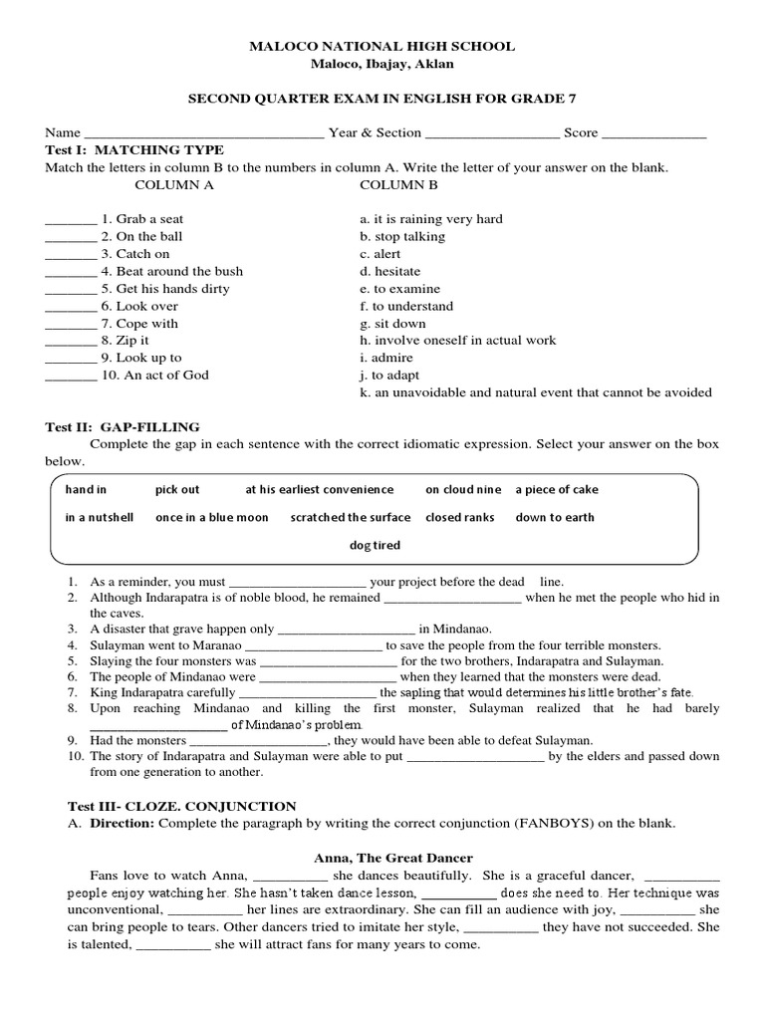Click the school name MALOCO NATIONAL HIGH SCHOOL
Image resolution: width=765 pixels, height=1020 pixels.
click(382, 46)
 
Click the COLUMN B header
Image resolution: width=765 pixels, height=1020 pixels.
click(398, 185)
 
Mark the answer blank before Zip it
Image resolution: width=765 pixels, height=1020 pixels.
click(70, 342)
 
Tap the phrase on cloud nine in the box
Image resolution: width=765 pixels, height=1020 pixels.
click(463, 490)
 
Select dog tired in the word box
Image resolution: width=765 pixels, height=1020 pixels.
click(375, 545)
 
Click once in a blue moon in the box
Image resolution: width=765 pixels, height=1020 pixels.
click(211, 518)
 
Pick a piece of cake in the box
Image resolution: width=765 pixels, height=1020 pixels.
click(557, 490)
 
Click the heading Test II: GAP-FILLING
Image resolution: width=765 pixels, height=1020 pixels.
click(123, 427)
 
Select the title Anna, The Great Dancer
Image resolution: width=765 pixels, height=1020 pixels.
click(392, 858)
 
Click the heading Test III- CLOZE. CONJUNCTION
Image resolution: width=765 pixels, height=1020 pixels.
click(170, 806)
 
